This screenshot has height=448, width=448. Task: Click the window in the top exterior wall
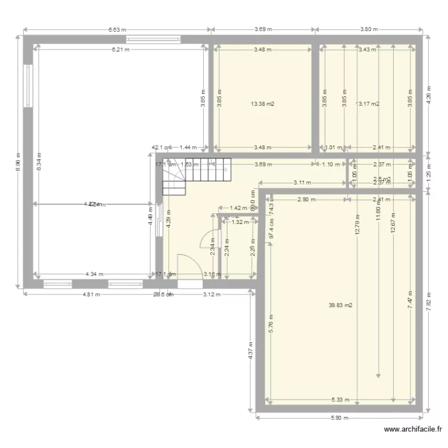pyautogui.click(x=152, y=40)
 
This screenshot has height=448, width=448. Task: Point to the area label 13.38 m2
pyautogui.click(x=263, y=103)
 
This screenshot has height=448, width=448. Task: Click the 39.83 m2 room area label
pyautogui.click(x=340, y=305)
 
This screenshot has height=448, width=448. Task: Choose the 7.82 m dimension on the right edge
pyautogui.click(x=429, y=311)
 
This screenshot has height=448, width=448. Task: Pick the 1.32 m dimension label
pyautogui.click(x=240, y=222)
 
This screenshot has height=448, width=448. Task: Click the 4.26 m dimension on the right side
pyautogui.click(x=429, y=96)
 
